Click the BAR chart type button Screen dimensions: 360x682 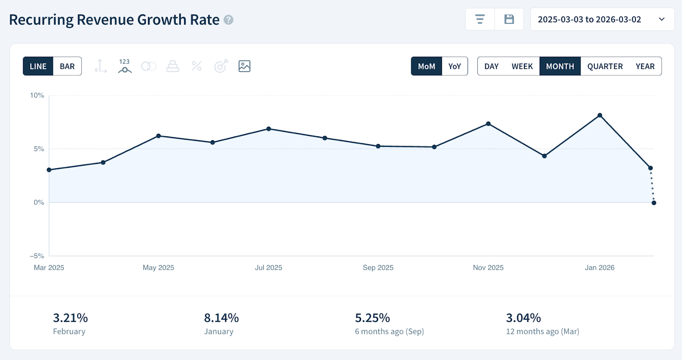pyautogui.click(x=67, y=66)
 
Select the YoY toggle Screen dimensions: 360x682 pyautogui.click(x=454, y=66)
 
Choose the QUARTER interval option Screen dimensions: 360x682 pyautogui.click(x=605, y=66)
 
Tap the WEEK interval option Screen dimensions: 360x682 pyautogui.click(x=522, y=66)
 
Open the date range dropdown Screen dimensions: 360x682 pyautogui.click(x=602, y=20)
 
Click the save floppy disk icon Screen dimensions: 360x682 pyautogui.click(x=509, y=20)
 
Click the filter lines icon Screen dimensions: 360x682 pyautogui.click(x=480, y=20)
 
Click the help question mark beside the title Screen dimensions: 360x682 pyautogui.click(x=228, y=20)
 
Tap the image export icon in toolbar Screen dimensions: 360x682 pyautogui.click(x=244, y=66)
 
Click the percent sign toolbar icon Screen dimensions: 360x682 pyautogui.click(x=197, y=66)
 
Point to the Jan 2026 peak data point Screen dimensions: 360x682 pyautogui.click(x=600, y=115)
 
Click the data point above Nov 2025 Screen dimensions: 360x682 pyautogui.click(x=488, y=124)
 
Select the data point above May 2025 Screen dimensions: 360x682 pyautogui.click(x=159, y=136)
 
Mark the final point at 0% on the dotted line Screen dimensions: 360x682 pyautogui.click(x=654, y=203)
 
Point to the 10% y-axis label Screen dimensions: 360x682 pyautogui.click(x=37, y=95)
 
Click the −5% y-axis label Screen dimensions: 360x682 pyautogui.click(x=37, y=256)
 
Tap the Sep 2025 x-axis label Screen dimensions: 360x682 pyautogui.click(x=378, y=268)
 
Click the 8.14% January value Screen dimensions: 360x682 pyautogui.click(x=221, y=318)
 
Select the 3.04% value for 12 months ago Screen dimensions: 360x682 pyautogui.click(x=523, y=318)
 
